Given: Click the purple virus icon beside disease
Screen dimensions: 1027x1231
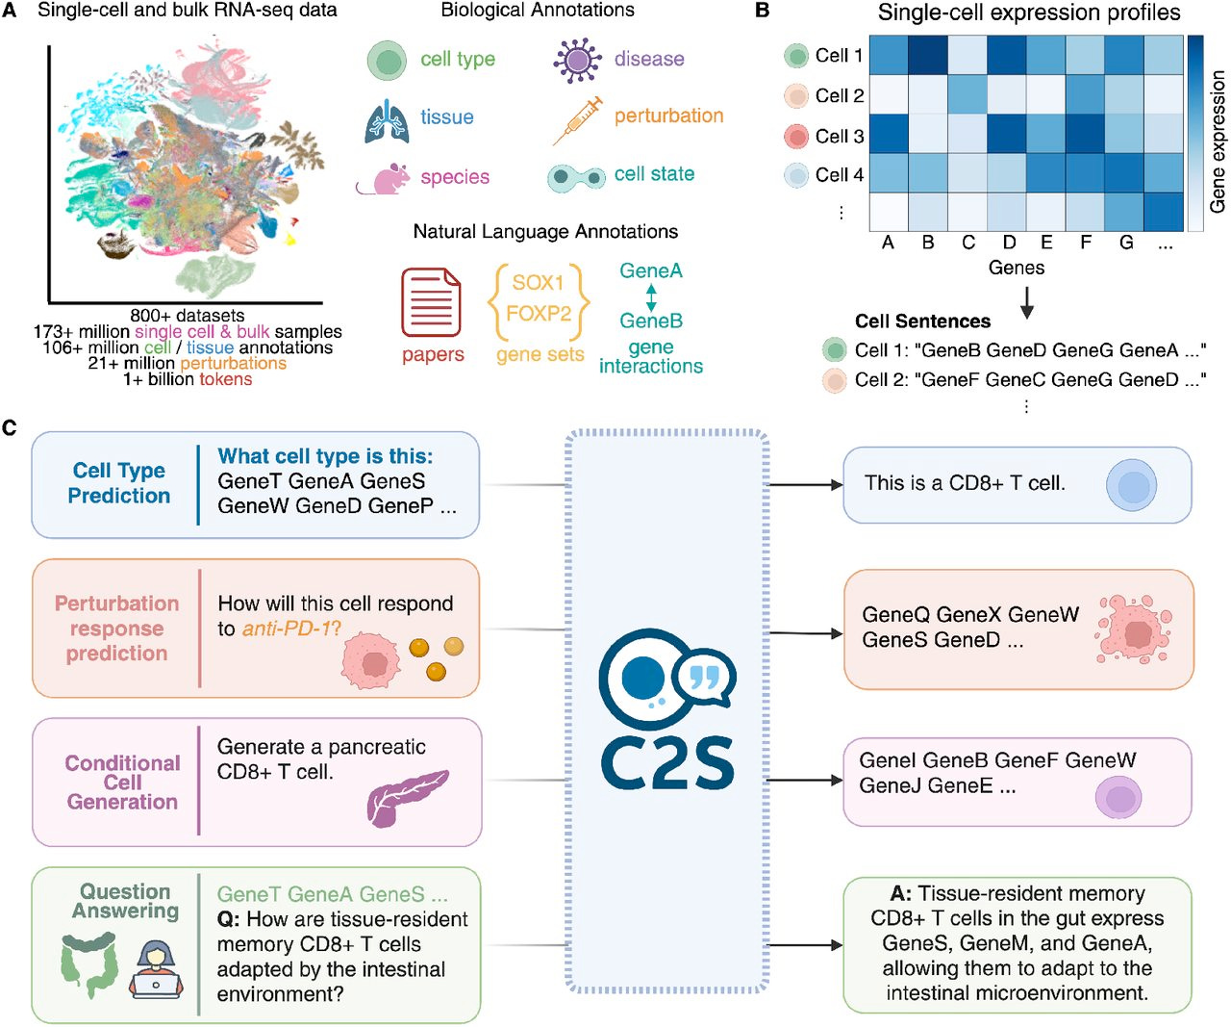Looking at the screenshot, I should [577, 60].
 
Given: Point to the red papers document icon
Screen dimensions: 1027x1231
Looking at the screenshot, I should [431, 302].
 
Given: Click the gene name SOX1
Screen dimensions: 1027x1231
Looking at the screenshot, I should [538, 282].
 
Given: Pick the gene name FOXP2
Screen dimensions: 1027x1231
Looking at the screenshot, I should [539, 314].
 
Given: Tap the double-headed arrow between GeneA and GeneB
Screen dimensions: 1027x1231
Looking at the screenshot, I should [651, 296].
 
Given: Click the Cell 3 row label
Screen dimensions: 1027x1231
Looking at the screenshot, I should [839, 136].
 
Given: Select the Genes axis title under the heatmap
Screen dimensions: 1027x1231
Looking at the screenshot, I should [1016, 268].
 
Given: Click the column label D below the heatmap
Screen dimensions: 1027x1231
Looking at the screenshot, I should [1009, 243].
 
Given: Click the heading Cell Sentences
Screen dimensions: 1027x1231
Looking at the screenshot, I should [922, 321].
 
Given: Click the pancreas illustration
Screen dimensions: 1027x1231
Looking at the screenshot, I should [406, 796].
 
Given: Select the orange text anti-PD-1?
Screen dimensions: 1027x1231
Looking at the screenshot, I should [291, 629].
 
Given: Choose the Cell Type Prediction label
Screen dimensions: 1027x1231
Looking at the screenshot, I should [118, 483].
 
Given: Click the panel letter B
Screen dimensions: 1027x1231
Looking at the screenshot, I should [762, 11].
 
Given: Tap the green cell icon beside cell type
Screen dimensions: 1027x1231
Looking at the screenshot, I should [388, 61].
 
